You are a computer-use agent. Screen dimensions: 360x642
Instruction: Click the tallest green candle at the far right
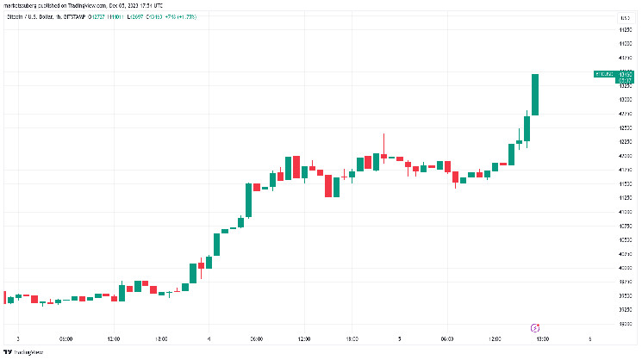tap(535, 95)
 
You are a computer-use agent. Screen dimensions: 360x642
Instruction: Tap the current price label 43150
tap(626, 75)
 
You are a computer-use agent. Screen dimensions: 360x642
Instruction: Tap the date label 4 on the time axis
tap(209, 338)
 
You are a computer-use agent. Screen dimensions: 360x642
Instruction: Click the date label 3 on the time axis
tap(18, 338)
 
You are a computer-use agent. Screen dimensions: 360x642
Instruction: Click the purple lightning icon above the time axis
tap(535, 327)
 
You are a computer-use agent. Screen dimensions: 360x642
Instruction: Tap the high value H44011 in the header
tap(109, 17)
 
